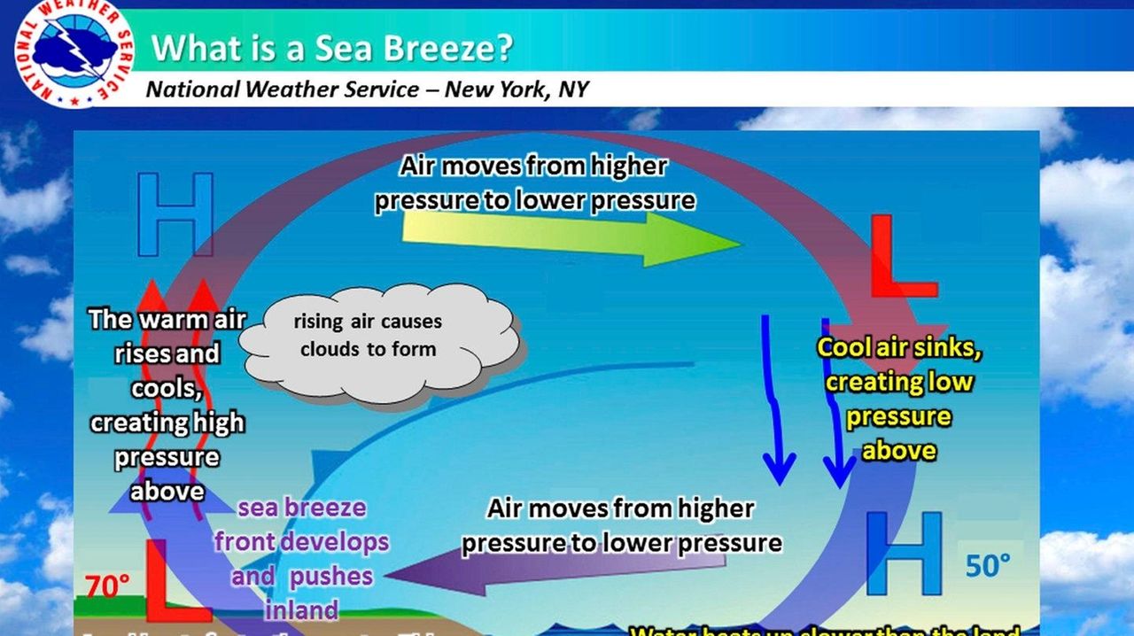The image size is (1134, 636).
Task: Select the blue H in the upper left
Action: click(x=175, y=213)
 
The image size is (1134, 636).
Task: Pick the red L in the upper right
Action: click(x=898, y=256)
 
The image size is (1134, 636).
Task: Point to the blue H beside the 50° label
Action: click(x=904, y=553)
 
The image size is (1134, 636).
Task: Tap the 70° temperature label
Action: click(x=107, y=585)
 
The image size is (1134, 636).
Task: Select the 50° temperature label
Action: click(x=988, y=565)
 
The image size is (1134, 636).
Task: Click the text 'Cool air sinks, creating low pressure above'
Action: click(x=898, y=399)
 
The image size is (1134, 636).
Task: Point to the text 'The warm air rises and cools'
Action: click(x=167, y=353)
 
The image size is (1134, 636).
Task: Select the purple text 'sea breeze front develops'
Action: click(x=301, y=524)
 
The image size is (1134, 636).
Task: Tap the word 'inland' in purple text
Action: click(x=301, y=610)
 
